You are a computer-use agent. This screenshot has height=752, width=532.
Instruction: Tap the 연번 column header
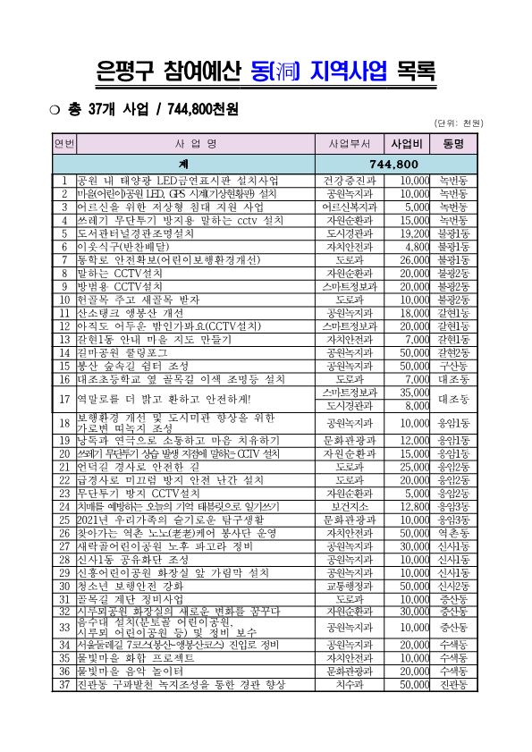[64, 143]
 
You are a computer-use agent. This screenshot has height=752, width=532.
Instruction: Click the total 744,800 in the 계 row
[394, 165]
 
